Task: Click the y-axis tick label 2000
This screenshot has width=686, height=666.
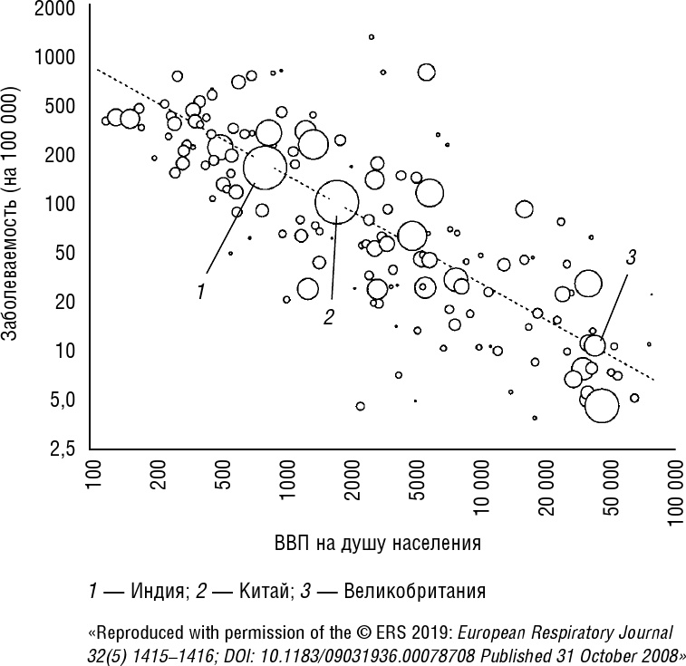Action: [55, 10]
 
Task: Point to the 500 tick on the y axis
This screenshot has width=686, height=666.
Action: [60, 106]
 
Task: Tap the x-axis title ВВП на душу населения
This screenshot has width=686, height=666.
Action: [376, 545]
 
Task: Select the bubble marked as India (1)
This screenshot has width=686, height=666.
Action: [265, 166]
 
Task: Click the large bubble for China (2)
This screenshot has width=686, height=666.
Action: [336, 201]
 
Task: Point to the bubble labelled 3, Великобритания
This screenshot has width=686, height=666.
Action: [594, 345]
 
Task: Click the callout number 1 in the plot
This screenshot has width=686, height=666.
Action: [200, 291]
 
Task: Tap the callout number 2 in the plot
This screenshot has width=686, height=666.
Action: [329, 316]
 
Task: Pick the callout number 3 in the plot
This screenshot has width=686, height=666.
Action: [631, 257]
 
